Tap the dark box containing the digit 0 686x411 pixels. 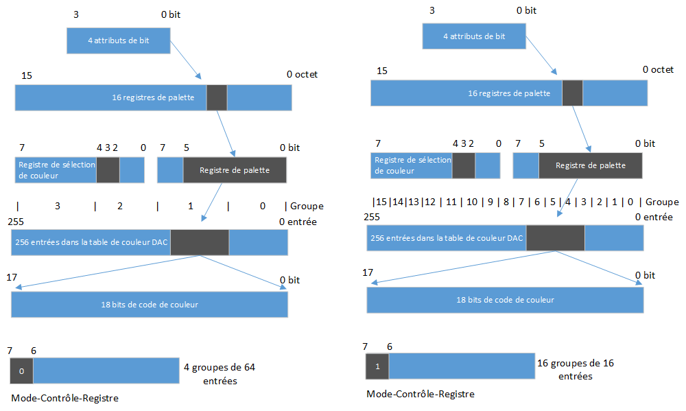[x=21, y=371]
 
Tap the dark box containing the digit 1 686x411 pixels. [x=377, y=366]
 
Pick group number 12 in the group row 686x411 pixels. [x=430, y=202]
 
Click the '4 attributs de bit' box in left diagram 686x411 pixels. [x=118, y=40]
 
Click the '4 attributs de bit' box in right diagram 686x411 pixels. [x=473, y=36]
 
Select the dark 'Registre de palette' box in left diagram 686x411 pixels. [x=234, y=169]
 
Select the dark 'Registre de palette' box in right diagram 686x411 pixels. [x=590, y=165]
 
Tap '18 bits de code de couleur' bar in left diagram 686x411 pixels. [x=149, y=304]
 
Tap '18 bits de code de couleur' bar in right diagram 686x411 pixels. [x=505, y=300]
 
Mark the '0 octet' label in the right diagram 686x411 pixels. [x=658, y=69]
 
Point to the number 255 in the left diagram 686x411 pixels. [x=16, y=222]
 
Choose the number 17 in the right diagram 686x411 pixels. [x=368, y=273]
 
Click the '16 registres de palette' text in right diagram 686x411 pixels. [x=508, y=93]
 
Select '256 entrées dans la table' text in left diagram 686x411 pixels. [x=90, y=242]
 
